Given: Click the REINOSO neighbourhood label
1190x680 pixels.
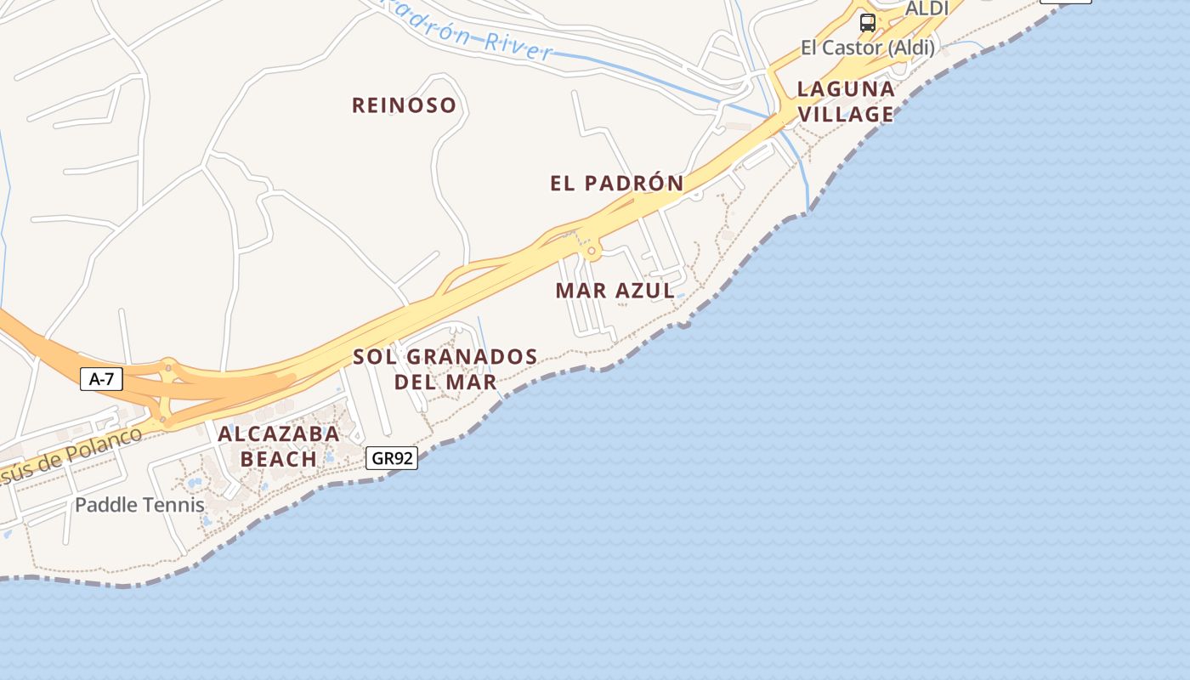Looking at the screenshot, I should (x=404, y=105).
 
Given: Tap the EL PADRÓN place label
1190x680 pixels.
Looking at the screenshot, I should (x=617, y=184).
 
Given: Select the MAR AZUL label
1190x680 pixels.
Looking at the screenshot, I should (x=615, y=291).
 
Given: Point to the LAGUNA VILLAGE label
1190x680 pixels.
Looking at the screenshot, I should (x=846, y=102).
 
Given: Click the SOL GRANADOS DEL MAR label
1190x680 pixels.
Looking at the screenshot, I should (x=445, y=369).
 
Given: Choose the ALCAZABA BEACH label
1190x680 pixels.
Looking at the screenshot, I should (x=279, y=446).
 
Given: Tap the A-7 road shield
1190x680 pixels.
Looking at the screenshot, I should (x=102, y=379).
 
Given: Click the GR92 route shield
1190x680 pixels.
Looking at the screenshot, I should (x=393, y=458).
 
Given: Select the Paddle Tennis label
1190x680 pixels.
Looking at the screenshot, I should (x=139, y=505).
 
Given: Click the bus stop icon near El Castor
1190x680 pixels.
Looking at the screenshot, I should (x=867, y=23).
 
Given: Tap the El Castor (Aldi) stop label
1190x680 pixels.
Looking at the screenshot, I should (x=868, y=48).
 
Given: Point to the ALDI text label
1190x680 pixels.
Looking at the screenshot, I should (x=926, y=8).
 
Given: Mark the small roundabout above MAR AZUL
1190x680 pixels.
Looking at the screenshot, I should (x=592, y=252).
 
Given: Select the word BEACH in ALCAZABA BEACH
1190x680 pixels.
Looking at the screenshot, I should (x=279, y=459).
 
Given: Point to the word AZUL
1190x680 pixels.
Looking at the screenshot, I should (x=645, y=291).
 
